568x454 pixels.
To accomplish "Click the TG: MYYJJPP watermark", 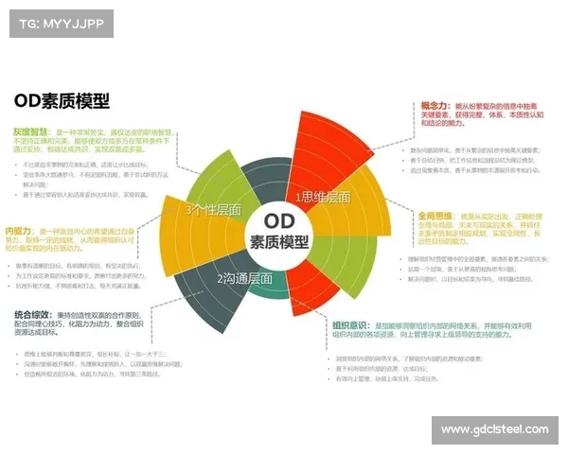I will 59,23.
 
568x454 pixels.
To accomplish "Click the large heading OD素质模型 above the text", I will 62,100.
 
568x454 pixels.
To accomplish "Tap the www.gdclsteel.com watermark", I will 495,429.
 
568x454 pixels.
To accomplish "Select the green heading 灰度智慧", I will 33,132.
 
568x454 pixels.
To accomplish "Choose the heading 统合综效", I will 33,314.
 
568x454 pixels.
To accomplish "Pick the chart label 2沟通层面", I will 244,279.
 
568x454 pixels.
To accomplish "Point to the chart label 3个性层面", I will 213,209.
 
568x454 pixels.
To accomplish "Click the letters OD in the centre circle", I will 279,219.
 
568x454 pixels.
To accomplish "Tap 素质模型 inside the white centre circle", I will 279,241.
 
